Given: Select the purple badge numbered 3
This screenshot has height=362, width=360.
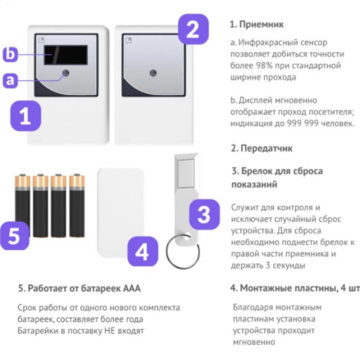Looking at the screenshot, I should pyautogui.click(x=204, y=215).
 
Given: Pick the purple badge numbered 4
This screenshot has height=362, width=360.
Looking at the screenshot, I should pyautogui.click(x=142, y=251).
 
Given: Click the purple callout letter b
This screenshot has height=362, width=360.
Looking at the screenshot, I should pyautogui.click(x=10, y=54).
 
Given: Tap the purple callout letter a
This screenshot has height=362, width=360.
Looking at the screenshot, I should pyautogui.click(x=10, y=79).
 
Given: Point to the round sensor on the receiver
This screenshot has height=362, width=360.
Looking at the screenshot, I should pyautogui.click(x=66, y=76).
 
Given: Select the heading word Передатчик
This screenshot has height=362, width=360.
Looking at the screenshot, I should pyautogui.click(x=271, y=148).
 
